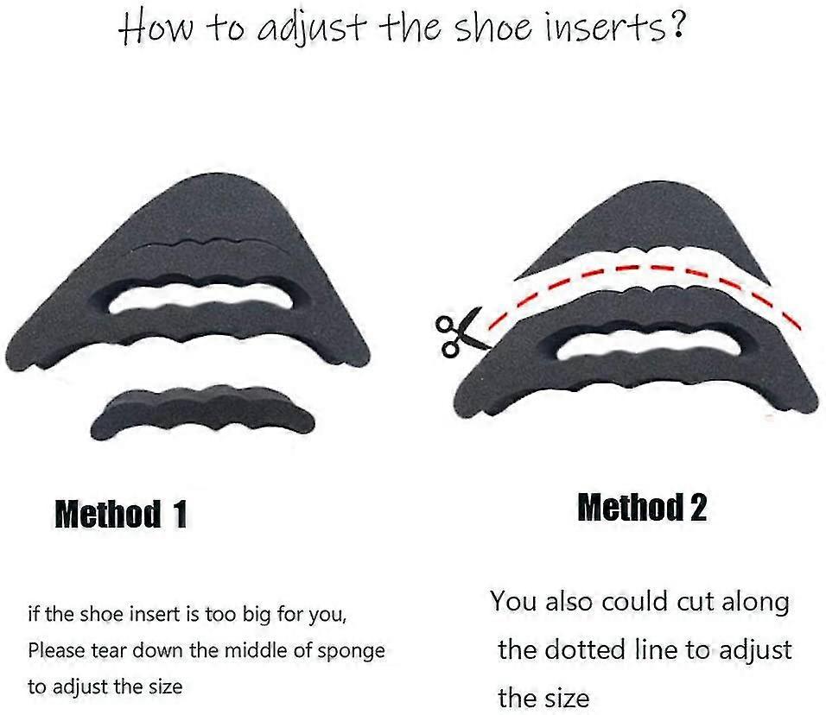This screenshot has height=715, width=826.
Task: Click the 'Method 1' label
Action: point(121,514)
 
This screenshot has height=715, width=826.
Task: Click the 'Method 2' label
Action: point(642,507)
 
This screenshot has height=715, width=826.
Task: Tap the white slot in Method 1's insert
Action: point(200,298)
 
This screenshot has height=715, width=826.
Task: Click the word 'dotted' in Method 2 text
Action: point(585,649)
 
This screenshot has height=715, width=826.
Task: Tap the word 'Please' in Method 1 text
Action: point(56,651)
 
